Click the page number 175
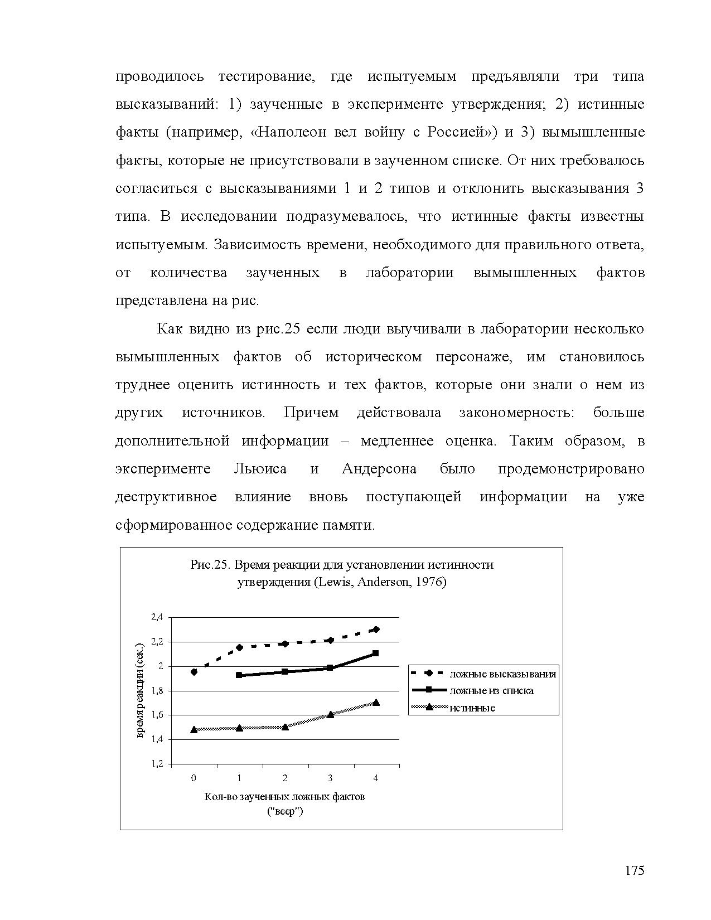(x=634, y=870)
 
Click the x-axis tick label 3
(x=330, y=778)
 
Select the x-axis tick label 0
(x=194, y=778)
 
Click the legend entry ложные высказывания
(x=502, y=674)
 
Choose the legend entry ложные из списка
(x=491, y=691)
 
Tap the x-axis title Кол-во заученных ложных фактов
(x=284, y=796)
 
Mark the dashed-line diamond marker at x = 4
(x=376, y=630)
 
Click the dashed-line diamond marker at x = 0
(x=194, y=672)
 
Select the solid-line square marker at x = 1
(x=239, y=675)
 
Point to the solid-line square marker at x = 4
(x=376, y=653)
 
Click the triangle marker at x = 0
(x=194, y=729)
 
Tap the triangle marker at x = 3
(x=330, y=714)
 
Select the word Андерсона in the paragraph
(x=379, y=468)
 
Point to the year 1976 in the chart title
(x=432, y=582)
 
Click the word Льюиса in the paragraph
(x=260, y=468)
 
